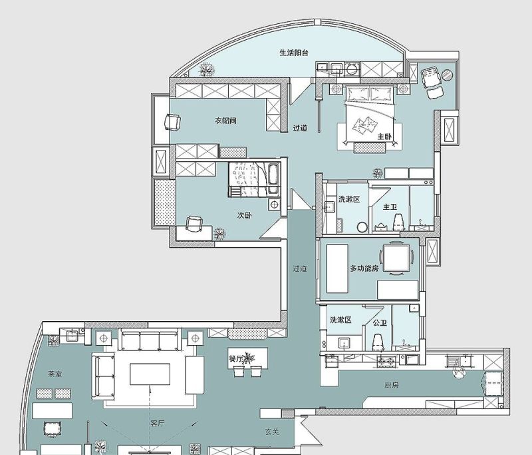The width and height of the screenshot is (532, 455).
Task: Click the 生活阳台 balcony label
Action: coord(294,53)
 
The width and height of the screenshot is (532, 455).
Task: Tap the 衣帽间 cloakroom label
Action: coord(225,121)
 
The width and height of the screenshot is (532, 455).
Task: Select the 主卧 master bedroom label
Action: coord(385,137)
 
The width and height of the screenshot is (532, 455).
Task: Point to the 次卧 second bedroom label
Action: coord(244,215)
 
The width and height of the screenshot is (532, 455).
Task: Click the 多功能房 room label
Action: coord(364,268)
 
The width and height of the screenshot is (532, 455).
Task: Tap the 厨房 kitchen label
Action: coord(392,385)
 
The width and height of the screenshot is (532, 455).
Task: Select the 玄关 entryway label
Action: coord(272,432)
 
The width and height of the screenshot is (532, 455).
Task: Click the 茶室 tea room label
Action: coord(55,374)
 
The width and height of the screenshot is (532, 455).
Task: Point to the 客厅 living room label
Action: coord(157,424)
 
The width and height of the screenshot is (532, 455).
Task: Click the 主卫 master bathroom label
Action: coord(390,207)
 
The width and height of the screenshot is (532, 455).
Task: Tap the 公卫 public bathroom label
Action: coord(380,322)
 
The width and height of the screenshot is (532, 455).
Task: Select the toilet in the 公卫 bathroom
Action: coord(378,342)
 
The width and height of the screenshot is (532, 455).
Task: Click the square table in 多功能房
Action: coord(396,258)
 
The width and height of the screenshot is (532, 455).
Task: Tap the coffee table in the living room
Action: coord(150,374)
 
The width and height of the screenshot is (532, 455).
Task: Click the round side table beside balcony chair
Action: coord(447,75)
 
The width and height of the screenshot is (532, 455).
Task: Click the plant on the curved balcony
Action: coord(206,70)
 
